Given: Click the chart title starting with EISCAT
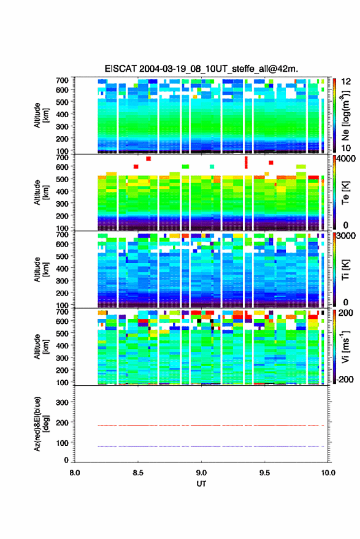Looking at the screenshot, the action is click(x=201, y=69).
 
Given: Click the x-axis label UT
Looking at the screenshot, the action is click(x=201, y=484).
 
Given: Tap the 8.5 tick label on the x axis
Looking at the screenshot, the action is click(x=138, y=473).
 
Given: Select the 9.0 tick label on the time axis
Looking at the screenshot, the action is click(x=201, y=473).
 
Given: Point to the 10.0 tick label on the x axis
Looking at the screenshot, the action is click(x=328, y=473).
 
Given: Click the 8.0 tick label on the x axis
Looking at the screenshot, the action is click(x=75, y=473).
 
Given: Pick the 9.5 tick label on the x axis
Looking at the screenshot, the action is click(x=264, y=473).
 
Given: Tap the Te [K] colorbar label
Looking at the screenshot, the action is click(x=345, y=193).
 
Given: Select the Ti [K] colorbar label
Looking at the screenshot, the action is click(x=345, y=270).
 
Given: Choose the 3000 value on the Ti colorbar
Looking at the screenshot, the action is click(x=346, y=235).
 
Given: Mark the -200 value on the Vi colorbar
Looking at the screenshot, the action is click(x=345, y=379).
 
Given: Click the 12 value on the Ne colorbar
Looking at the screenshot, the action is click(x=346, y=82).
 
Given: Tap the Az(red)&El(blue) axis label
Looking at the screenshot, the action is click(x=41, y=424).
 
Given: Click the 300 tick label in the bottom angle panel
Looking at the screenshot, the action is click(x=62, y=402).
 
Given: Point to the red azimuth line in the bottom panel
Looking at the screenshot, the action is click(x=211, y=426).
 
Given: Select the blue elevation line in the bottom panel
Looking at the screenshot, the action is click(x=211, y=446).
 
